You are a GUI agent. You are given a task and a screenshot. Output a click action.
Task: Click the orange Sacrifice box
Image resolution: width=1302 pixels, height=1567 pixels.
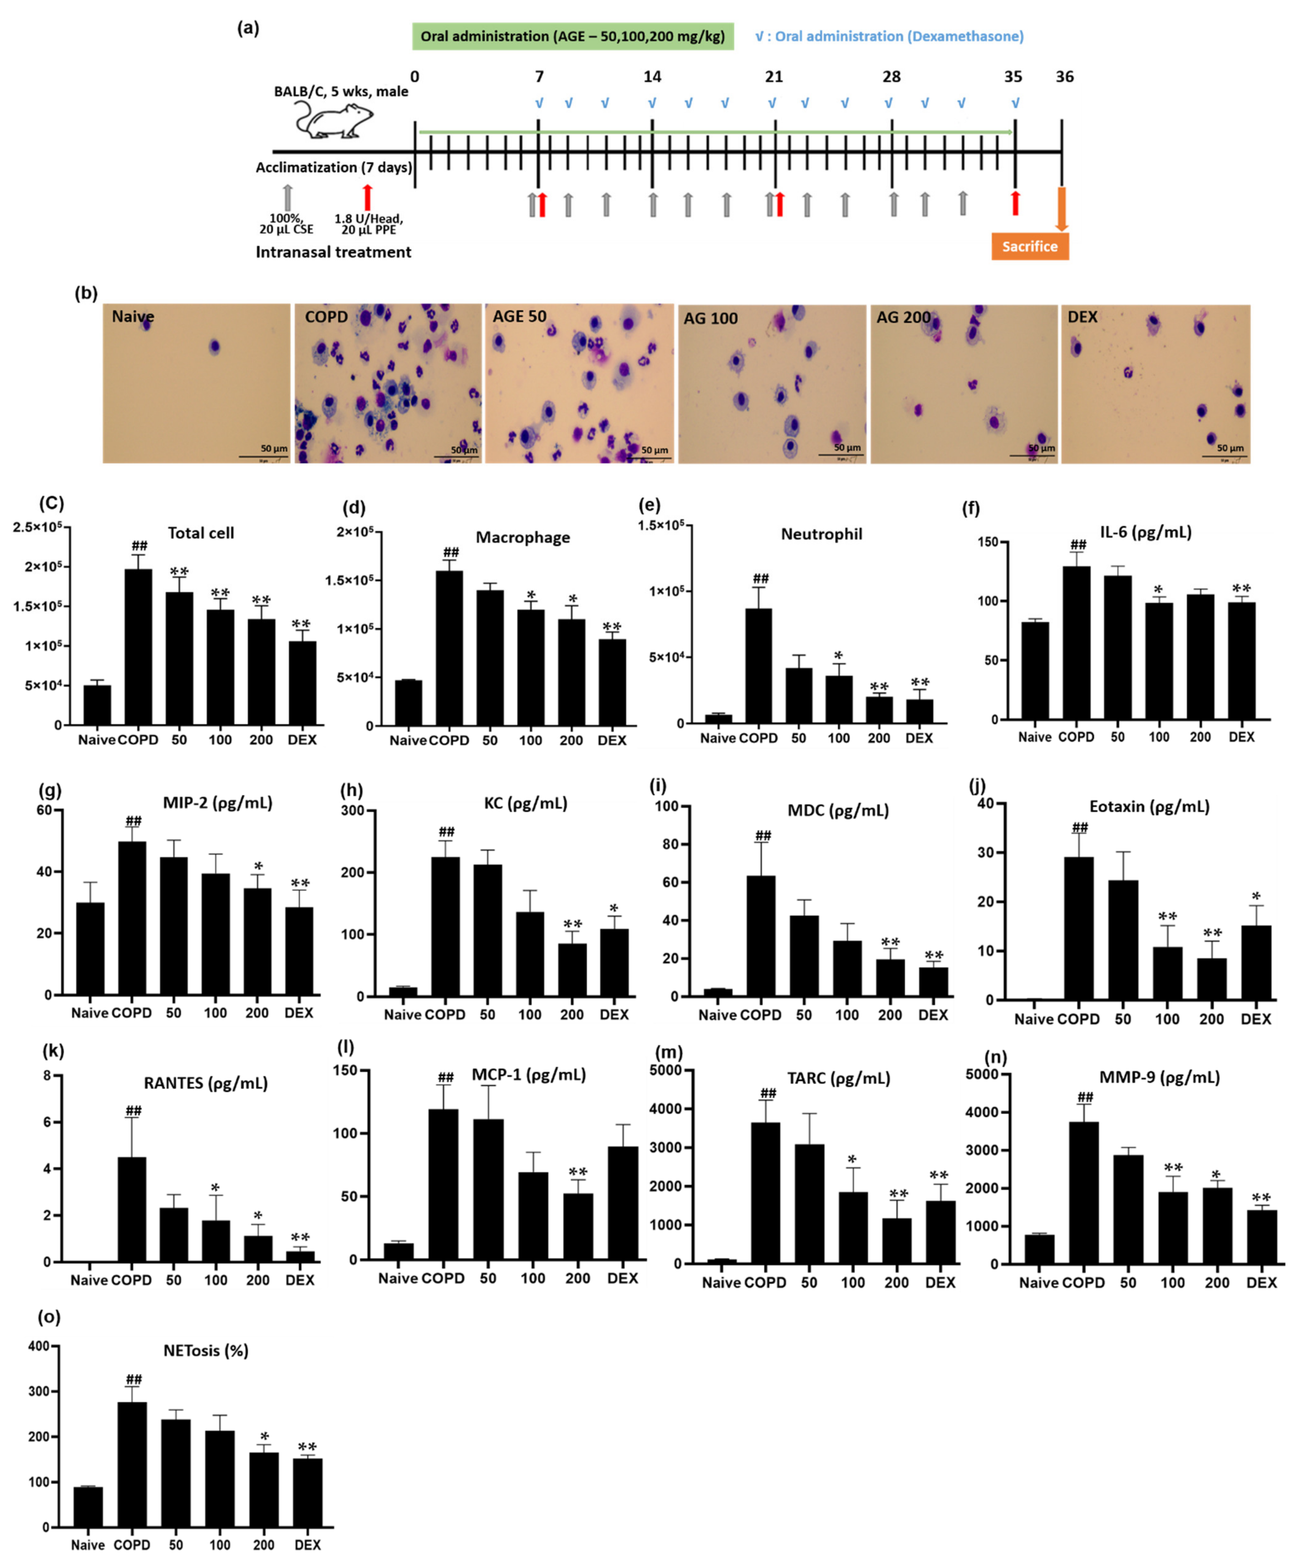pyautogui.click(x=1030, y=246)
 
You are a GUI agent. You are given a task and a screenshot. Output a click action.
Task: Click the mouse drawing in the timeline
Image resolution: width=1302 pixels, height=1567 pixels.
pyautogui.click(x=333, y=119)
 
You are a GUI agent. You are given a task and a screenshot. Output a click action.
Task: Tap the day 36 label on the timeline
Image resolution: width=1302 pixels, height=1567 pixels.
pyautogui.click(x=1064, y=77)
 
